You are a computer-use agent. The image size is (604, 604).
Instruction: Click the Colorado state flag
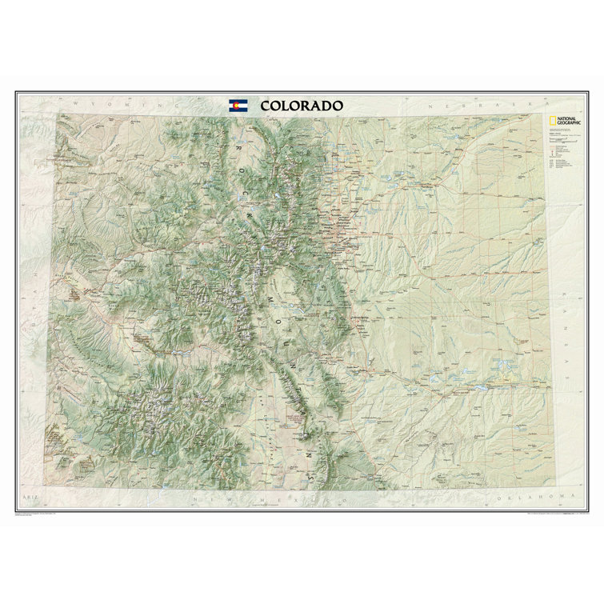[238, 106]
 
